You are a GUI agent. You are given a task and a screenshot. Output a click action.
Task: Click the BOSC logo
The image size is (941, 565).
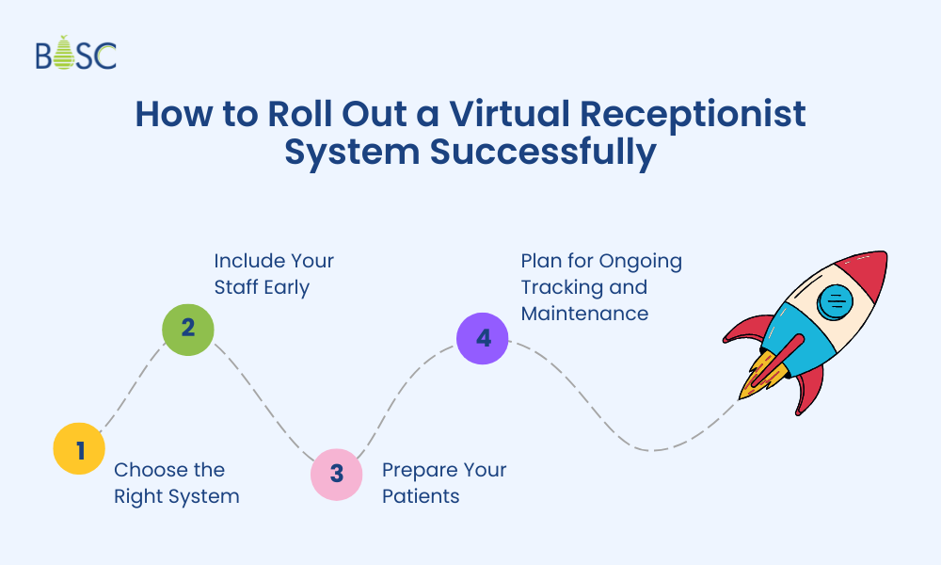coord(76,55)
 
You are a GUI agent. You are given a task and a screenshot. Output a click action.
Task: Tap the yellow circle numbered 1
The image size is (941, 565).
coord(79,449)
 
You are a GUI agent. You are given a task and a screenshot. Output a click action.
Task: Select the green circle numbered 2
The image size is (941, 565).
coord(187,328)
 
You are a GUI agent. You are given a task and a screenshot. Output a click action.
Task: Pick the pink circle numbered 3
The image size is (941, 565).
coord(336,474)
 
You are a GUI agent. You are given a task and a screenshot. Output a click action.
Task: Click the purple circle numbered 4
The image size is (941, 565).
coord(483,337)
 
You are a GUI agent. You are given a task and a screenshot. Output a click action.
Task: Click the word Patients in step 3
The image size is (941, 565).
coord(421,495)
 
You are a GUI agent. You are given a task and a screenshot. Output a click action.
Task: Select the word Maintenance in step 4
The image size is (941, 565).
coord(584,313)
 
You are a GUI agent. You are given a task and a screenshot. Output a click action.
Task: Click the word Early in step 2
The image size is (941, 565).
coord(288,286)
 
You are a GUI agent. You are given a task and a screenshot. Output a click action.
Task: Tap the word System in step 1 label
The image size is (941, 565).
coord(208,495)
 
